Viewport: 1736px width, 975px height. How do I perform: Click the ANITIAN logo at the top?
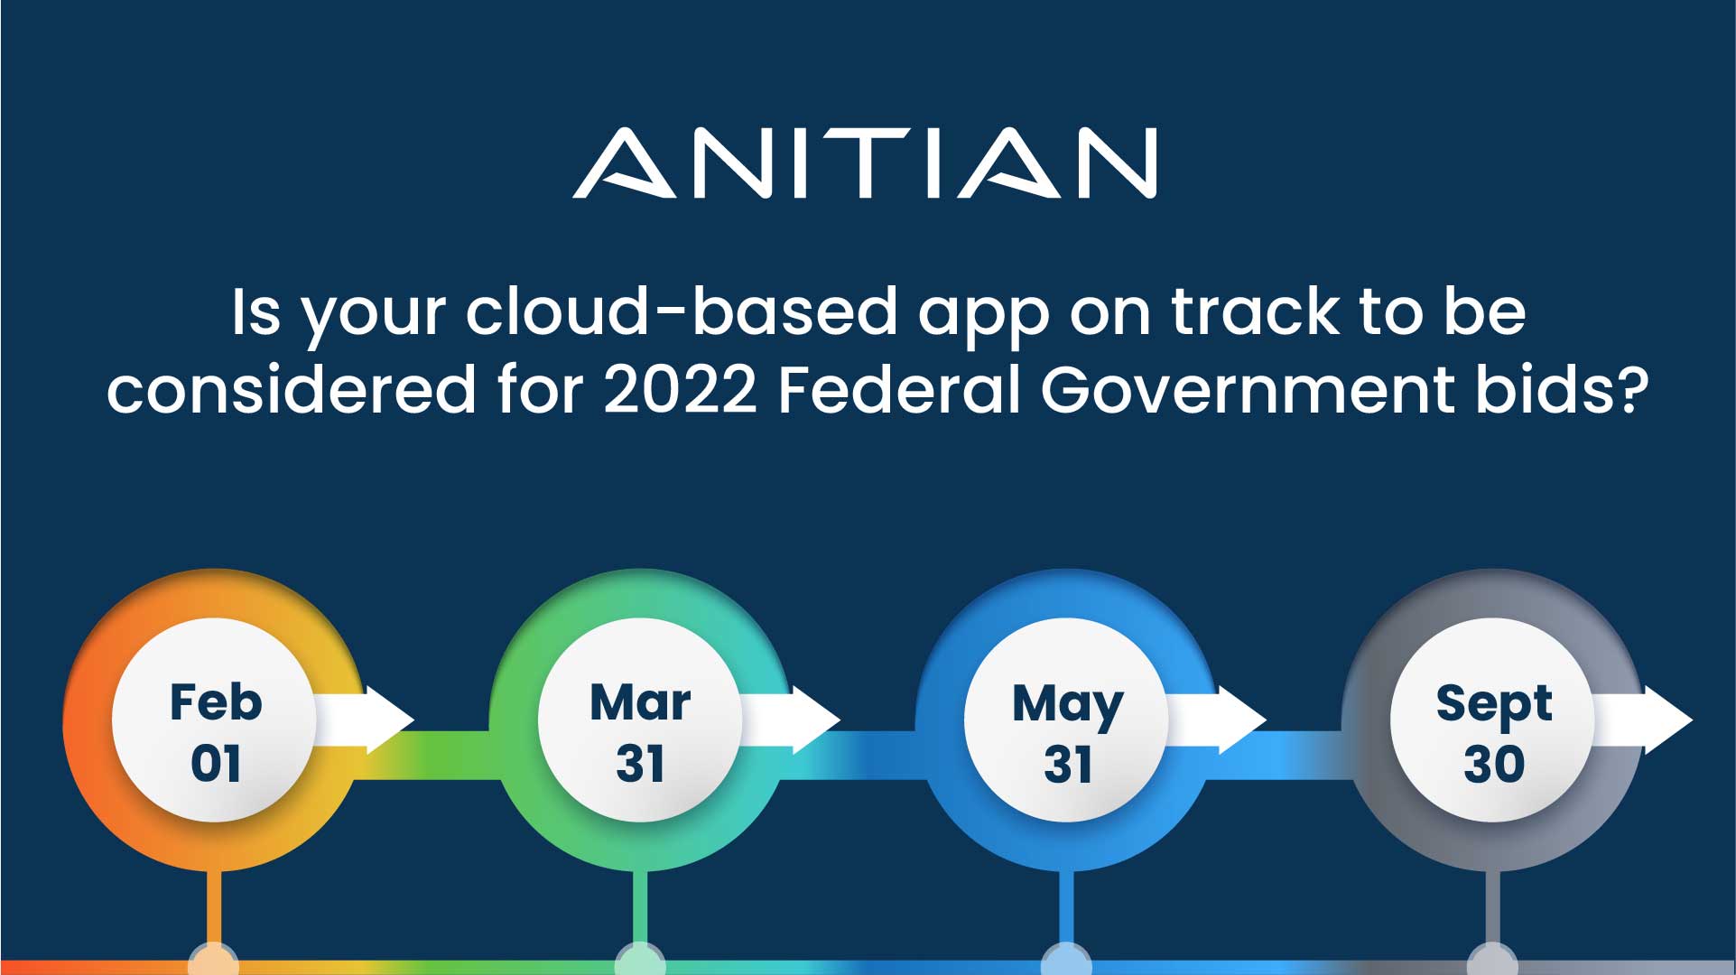coord(865,162)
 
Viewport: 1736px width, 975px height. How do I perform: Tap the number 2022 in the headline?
coord(680,390)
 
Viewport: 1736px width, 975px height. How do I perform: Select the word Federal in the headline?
coord(899,390)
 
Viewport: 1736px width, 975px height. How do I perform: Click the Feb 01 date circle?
coord(215,720)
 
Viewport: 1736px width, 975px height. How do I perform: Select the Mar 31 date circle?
coord(640,720)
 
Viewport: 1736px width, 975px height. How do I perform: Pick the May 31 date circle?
coord(1067,720)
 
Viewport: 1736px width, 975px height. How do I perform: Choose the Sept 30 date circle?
coord(1493,720)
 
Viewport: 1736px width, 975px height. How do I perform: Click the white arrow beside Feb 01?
coord(363,720)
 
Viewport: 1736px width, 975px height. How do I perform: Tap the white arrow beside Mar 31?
coord(789,720)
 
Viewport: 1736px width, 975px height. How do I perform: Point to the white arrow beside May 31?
coord(1215,720)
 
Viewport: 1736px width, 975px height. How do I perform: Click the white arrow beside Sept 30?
coord(1641,720)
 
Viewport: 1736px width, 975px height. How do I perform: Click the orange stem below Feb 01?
coord(214,910)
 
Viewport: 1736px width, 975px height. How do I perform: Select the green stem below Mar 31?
coord(640,910)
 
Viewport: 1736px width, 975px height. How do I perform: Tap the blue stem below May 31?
coord(1066,910)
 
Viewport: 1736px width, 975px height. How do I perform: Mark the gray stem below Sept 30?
coord(1493,910)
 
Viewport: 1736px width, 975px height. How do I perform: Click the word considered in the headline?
coord(291,390)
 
